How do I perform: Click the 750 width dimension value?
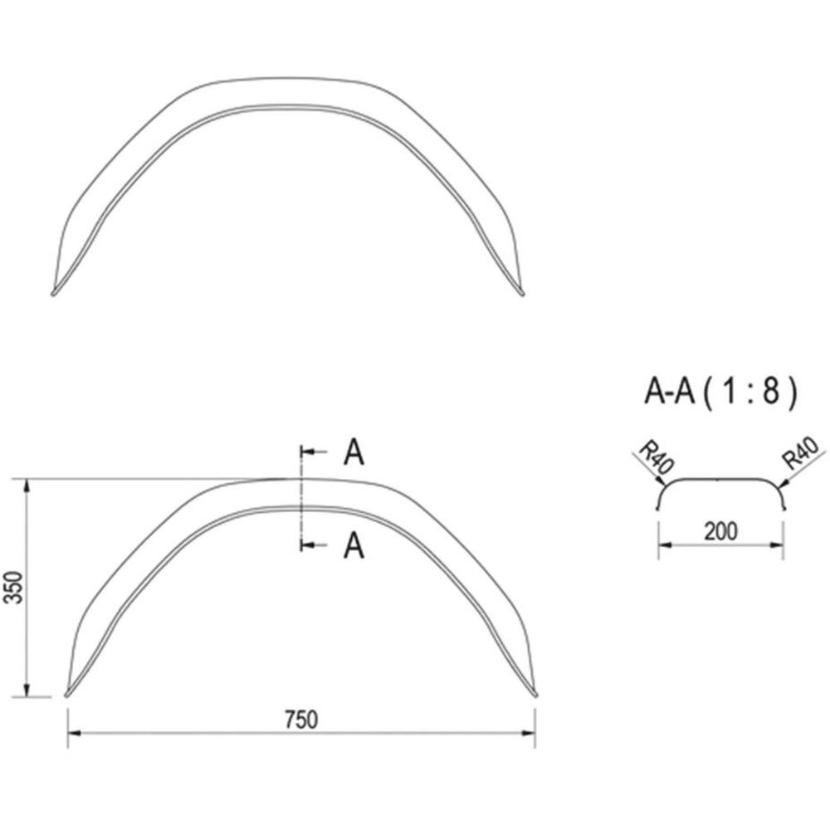tap(301, 720)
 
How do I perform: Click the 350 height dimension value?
tap(14, 588)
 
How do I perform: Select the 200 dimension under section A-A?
tap(720, 531)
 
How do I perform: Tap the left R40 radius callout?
tap(656, 458)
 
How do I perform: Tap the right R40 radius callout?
tap(803, 453)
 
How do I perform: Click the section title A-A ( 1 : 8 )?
tap(720, 393)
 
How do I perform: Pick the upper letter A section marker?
tap(354, 452)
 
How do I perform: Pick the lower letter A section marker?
tap(354, 546)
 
